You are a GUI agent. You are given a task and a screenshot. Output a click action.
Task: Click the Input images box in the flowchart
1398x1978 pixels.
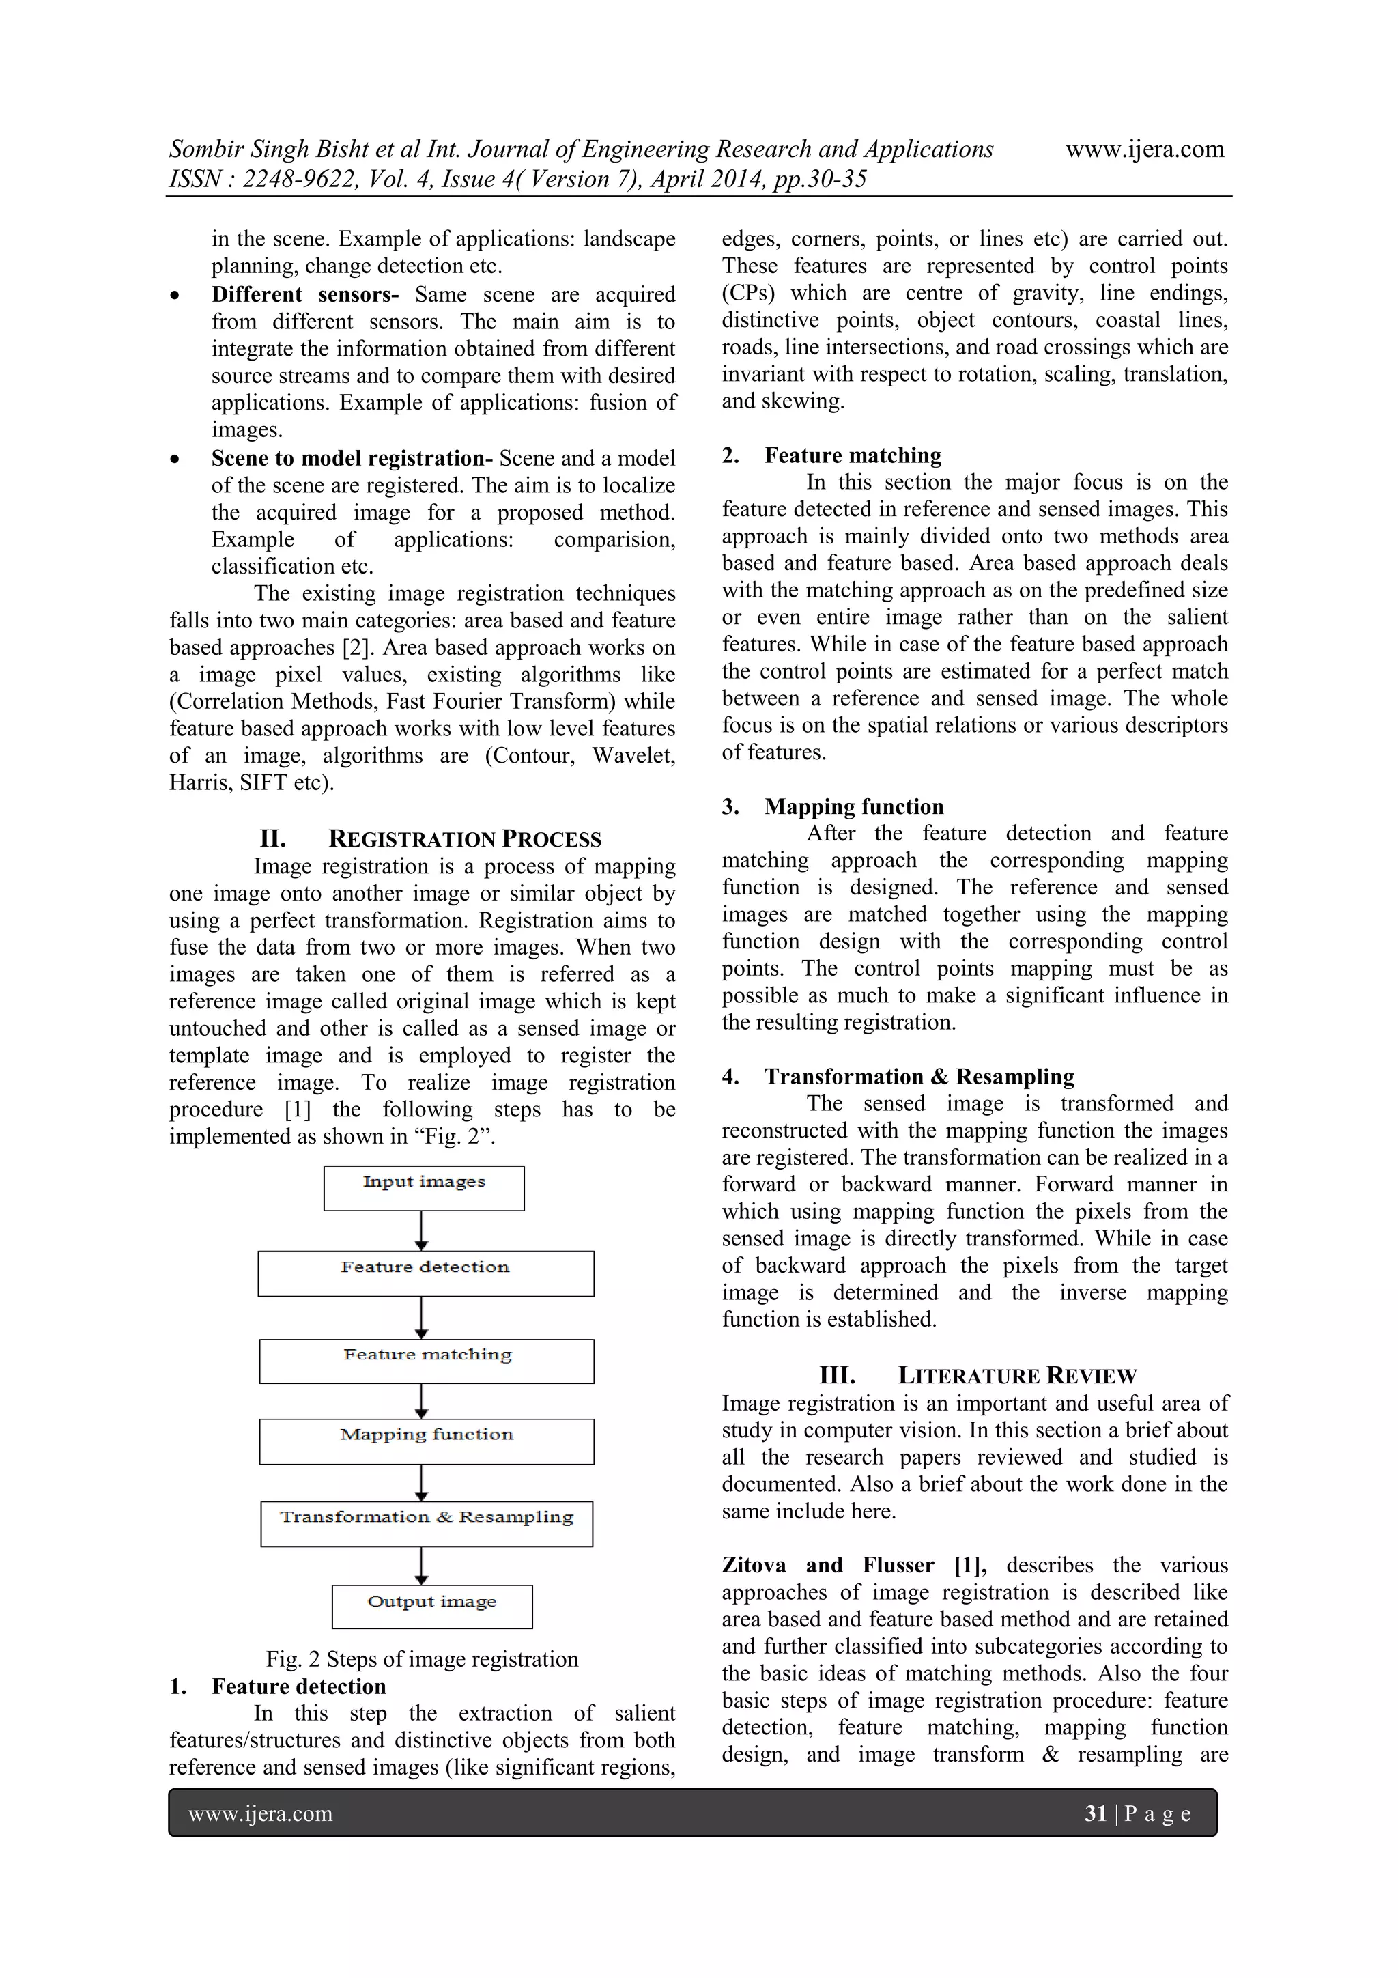click(x=424, y=1188)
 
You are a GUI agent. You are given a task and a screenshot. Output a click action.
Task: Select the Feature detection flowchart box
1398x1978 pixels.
click(x=425, y=1273)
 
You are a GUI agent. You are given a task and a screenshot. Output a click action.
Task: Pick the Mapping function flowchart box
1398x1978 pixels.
click(x=427, y=1441)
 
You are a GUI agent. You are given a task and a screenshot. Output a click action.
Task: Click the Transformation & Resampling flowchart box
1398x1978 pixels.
click(x=427, y=1524)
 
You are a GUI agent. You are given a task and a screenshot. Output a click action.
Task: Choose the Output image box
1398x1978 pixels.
click(x=431, y=1607)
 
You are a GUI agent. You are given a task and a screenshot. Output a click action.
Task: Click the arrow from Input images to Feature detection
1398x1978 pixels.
click(x=421, y=1230)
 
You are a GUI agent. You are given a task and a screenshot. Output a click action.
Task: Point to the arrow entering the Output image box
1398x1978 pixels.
click(x=421, y=1566)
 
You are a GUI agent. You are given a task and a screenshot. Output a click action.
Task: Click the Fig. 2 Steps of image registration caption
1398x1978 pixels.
click(x=422, y=1659)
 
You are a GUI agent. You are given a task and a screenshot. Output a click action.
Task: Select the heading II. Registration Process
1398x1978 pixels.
click(x=431, y=839)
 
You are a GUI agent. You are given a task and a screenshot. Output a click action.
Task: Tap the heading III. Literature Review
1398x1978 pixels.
click(x=978, y=1376)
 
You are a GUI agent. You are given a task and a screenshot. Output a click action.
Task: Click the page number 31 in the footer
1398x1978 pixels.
click(x=1095, y=1813)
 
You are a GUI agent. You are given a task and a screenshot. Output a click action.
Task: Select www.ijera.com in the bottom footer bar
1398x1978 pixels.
click(x=260, y=1813)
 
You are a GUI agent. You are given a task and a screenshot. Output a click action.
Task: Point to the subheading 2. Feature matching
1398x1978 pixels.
click(x=831, y=455)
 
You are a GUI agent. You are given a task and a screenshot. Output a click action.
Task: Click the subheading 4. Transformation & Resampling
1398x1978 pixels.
click(x=898, y=1076)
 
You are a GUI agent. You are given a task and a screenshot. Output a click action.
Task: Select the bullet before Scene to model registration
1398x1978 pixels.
click(x=175, y=460)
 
